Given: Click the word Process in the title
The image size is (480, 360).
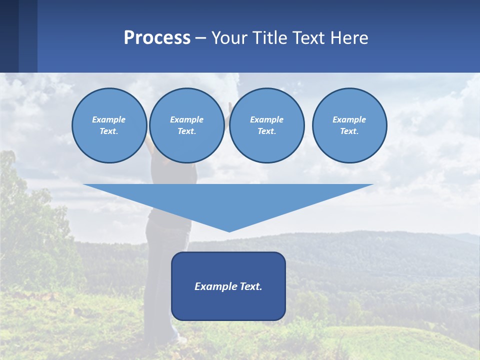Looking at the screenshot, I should (157, 38).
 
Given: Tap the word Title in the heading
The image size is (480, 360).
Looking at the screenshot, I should (269, 38).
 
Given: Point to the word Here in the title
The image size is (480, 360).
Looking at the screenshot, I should (350, 38).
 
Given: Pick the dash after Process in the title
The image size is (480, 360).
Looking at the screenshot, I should (200, 38).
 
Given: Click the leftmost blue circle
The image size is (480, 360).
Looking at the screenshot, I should (109, 125).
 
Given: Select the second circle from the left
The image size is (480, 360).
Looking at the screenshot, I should (186, 125).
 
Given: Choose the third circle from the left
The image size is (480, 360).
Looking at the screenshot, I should (266, 125).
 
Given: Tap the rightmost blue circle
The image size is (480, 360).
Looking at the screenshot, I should (349, 125).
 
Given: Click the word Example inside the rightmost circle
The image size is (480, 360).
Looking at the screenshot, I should (349, 119).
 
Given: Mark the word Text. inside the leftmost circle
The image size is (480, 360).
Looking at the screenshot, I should (109, 131).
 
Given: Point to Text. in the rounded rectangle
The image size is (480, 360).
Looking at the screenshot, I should (251, 286).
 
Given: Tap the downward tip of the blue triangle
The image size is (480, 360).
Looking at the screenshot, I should (229, 231).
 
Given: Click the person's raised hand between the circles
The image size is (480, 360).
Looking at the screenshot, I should (229, 107).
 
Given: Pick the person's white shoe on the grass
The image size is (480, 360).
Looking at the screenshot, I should (181, 340).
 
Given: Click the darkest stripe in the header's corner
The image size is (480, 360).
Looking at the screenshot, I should (9, 36).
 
